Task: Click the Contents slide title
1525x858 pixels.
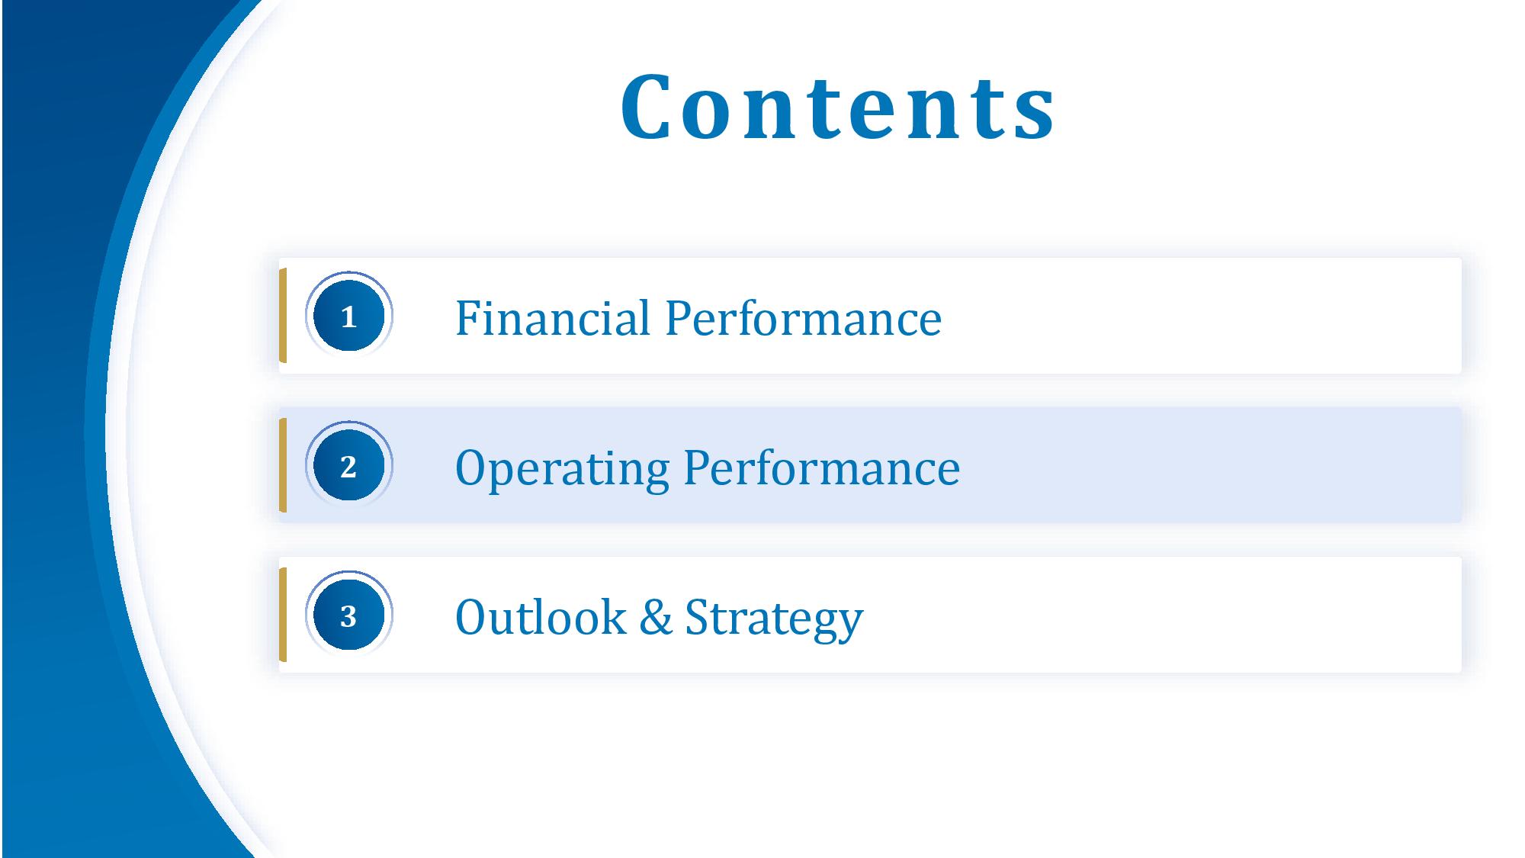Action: [x=838, y=107]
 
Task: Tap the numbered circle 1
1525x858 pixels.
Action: [x=349, y=316]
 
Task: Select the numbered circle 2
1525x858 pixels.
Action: [x=349, y=465]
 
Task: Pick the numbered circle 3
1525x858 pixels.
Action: [x=349, y=615]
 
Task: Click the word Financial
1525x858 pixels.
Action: [x=553, y=317]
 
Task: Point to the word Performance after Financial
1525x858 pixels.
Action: [x=804, y=318]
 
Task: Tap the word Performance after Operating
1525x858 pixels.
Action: [x=822, y=468]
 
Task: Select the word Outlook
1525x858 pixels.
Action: [x=541, y=616]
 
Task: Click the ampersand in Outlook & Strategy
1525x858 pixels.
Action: [x=656, y=617]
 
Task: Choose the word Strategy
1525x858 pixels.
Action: [x=774, y=619]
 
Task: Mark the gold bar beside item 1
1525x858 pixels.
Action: [x=283, y=316]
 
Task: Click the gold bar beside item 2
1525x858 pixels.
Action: [x=283, y=465]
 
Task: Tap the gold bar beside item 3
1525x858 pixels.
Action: [x=283, y=615]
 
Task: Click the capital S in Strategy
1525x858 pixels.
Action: [x=697, y=616]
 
